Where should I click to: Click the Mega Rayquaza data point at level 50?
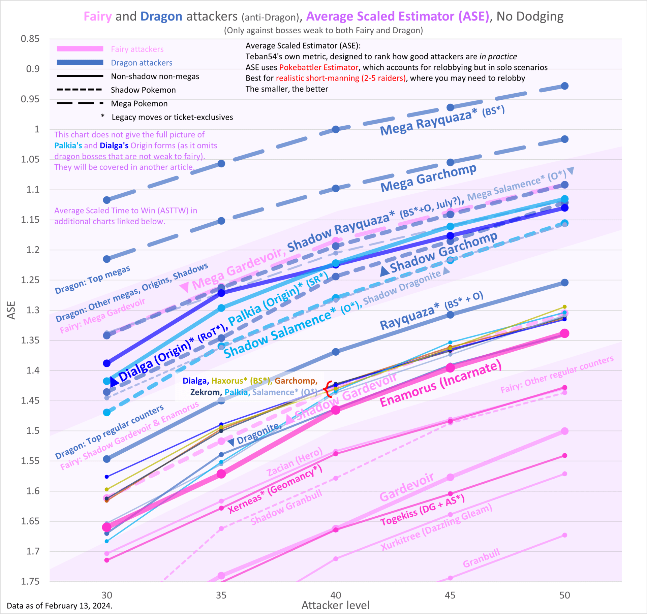point(565,86)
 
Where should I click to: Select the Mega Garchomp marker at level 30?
point(107,259)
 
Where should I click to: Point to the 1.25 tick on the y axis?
point(30,280)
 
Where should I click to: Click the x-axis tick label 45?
point(450,595)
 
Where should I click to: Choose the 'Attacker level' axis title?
point(335,605)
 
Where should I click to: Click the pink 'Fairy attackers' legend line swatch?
point(80,49)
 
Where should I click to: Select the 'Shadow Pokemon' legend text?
point(143,90)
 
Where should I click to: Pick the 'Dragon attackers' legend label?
point(142,63)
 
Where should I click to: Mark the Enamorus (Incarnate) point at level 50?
point(565,333)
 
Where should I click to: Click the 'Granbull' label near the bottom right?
point(481,558)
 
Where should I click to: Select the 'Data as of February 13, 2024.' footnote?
point(60,606)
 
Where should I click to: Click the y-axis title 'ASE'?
point(11,310)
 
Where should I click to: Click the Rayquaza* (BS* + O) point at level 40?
point(336,352)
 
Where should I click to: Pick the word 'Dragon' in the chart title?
point(161,16)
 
